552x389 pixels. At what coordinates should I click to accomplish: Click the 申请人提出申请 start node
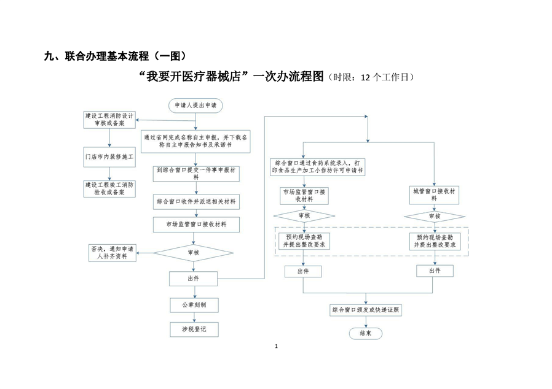196,106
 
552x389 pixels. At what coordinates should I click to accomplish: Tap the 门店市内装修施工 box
109,156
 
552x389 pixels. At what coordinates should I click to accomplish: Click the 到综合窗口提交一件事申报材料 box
195,173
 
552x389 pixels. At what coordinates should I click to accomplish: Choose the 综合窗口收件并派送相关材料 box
195,201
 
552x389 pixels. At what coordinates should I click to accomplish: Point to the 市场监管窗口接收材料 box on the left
195,225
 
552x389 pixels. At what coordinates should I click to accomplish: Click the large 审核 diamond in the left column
193,252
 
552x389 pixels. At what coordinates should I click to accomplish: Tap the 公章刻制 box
193,304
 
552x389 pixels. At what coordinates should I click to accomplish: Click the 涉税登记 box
193,329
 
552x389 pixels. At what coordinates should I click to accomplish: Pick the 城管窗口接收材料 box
434,194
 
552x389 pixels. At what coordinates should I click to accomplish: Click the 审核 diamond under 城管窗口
434,216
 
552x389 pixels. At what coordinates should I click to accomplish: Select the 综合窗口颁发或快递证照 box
366,310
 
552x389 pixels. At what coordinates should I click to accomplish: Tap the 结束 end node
365,333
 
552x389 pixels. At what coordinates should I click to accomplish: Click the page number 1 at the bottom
277,347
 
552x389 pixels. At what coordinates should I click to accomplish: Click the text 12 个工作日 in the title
382,77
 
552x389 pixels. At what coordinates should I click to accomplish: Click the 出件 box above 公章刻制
193,279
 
